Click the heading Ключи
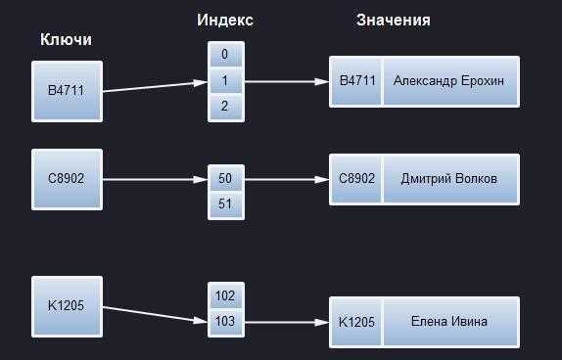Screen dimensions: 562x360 (66, 39)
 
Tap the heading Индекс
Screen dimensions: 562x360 (225, 21)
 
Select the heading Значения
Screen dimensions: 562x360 (394, 21)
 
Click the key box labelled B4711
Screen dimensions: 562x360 (67, 91)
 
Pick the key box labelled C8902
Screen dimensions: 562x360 (67, 179)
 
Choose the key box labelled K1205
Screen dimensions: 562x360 (67, 306)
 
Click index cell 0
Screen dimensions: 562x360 (226, 55)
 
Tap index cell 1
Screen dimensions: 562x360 (226, 81)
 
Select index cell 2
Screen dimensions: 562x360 (226, 107)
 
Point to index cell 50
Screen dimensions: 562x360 (226, 178)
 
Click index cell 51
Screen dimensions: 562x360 (226, 204)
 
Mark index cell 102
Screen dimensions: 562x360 (226, 296)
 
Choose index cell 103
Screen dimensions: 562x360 (226, 322)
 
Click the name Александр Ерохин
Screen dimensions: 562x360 (448, 81)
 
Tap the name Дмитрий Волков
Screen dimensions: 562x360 (448, 178)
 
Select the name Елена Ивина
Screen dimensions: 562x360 (448, 321)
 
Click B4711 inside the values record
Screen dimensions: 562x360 (357, 81)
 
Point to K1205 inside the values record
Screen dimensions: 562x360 (357, 322)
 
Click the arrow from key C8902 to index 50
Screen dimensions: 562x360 (156, 179)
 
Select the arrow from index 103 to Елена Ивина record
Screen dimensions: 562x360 (287, 323)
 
